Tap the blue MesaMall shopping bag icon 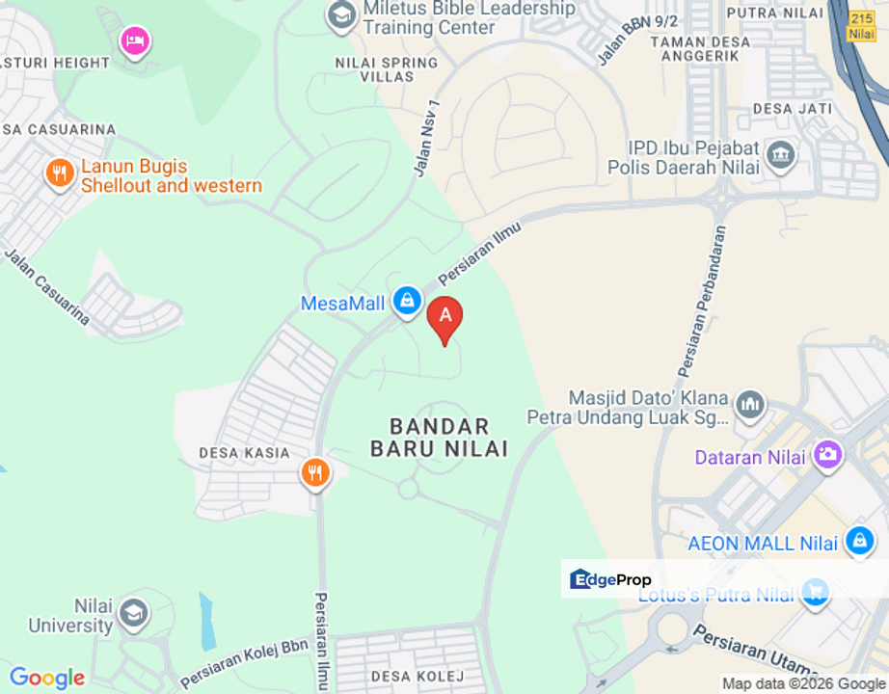(407, 301)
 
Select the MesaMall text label (342, 304)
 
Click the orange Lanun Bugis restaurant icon (60, 173)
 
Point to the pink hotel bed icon (134, 40)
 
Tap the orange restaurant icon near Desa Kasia (314, 472)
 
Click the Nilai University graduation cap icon (133, 612)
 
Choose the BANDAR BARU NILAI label (440, 437)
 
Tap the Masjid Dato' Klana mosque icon (749, 404)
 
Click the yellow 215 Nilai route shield (862, 26)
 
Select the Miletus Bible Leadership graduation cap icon (339, 14)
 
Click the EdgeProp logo (611, 579)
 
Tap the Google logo (46, 678)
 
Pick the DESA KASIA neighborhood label (244, 452)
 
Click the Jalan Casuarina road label (47, 286)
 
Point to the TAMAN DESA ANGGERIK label (694, 48)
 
